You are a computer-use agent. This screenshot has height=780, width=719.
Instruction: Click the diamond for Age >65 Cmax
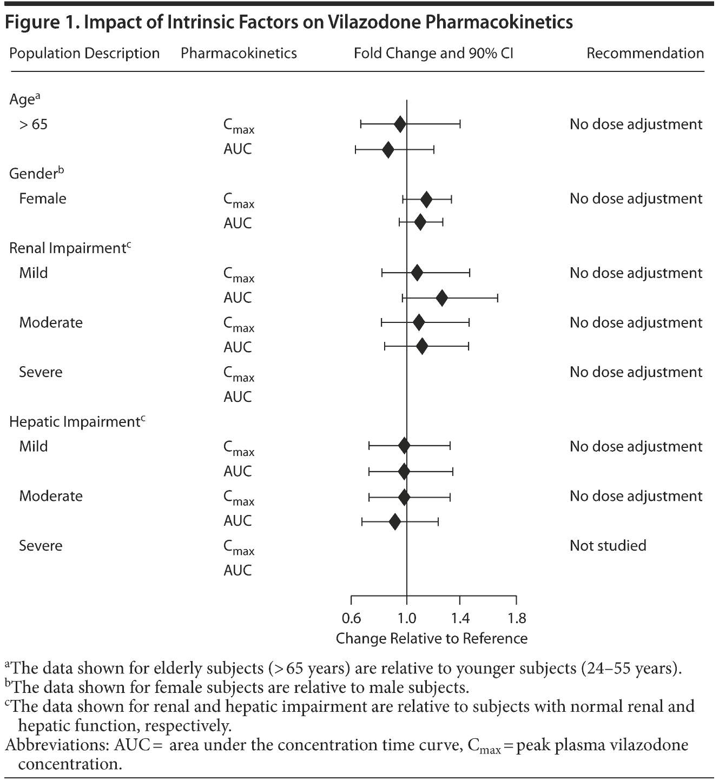point(400,124)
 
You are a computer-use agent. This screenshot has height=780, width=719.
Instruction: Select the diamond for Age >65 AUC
point(388,150)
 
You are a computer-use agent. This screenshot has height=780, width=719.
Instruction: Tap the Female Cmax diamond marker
point(426,200)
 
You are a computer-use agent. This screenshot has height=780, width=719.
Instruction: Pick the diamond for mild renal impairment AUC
point(442,298)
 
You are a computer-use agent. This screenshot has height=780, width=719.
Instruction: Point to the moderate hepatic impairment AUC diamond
point(395,522)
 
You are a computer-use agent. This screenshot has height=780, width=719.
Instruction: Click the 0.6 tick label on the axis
point(352,618)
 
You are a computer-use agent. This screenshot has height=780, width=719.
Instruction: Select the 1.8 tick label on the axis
point(517,618)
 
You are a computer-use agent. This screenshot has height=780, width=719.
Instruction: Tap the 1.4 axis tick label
point(460,618)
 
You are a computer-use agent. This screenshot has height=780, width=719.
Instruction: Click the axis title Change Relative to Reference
point(431,639)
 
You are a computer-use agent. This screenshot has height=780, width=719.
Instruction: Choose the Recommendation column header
point(645,54)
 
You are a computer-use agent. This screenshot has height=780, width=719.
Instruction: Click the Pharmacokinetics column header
point(239,54)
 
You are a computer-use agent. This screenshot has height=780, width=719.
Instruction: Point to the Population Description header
point(84,54)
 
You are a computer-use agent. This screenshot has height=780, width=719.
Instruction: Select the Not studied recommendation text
point(608,545)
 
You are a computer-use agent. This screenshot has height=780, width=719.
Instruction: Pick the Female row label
point(43,199)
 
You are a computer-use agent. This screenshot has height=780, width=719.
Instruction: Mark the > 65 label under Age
point(33,124)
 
